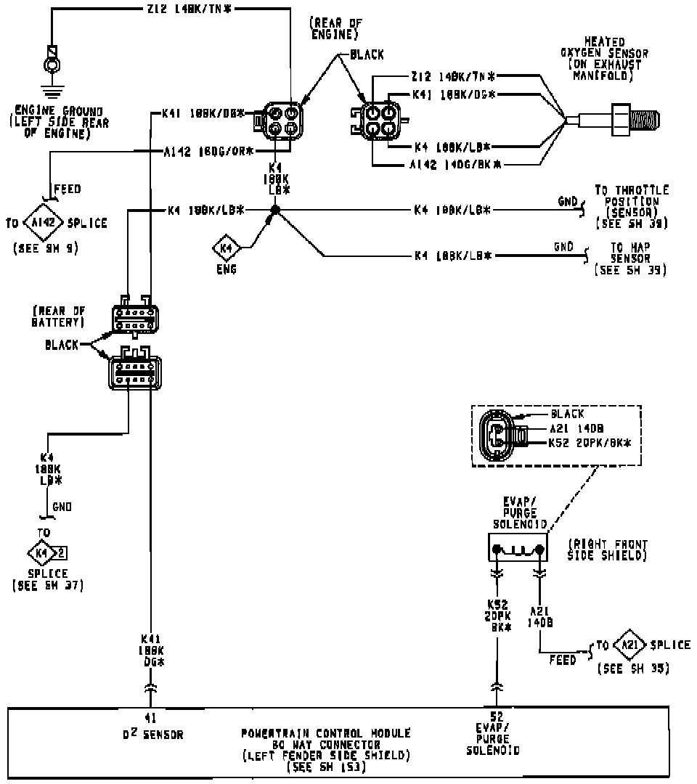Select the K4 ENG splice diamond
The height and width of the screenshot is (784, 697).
(x=226, y=250)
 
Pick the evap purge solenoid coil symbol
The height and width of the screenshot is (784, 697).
(x=517, y=550)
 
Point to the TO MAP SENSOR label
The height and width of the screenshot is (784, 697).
(x=629, y=258)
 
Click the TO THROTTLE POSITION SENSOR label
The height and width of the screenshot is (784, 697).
(x=631, y=206)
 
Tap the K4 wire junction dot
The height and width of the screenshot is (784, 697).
(x=274, y=211)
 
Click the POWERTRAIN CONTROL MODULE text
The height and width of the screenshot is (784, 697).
(x=325, y=733)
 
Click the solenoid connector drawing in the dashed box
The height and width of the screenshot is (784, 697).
(x=500, y=435)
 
